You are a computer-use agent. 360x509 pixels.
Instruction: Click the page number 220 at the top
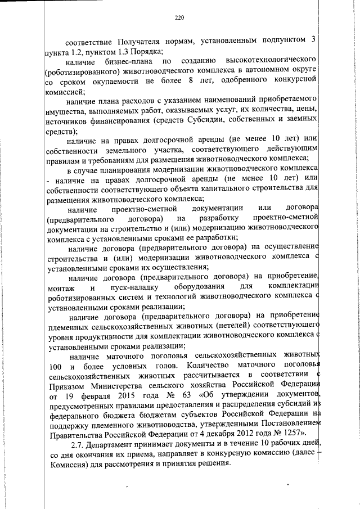[x=179, y=18]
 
